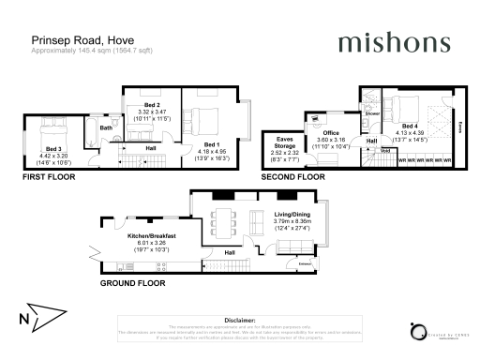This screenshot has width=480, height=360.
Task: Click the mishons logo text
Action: [386, 43]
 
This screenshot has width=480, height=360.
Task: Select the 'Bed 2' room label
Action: [151, 104]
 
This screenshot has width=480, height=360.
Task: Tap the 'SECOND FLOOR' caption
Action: [292, 175]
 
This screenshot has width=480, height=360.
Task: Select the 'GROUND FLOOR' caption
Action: [133, 281]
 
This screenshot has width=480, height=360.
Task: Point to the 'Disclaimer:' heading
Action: [240, 320]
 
